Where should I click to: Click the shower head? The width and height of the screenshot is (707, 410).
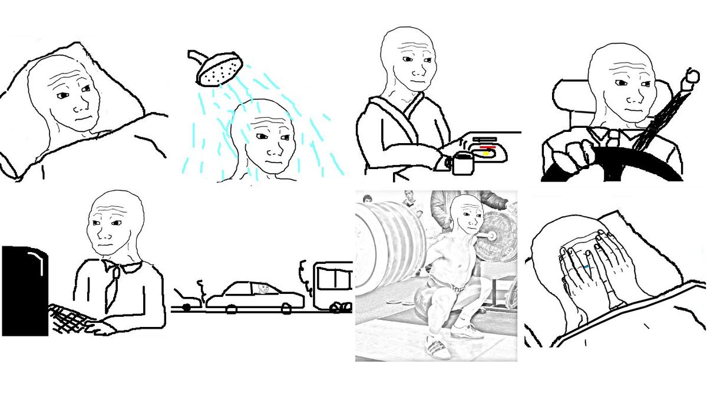[x=219, y=70]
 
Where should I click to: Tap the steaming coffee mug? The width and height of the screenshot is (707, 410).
[x=462, y=163]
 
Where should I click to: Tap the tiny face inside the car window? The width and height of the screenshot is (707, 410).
[x=263, y=289]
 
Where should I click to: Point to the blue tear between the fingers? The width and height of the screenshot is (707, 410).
[x=587, y=267]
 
